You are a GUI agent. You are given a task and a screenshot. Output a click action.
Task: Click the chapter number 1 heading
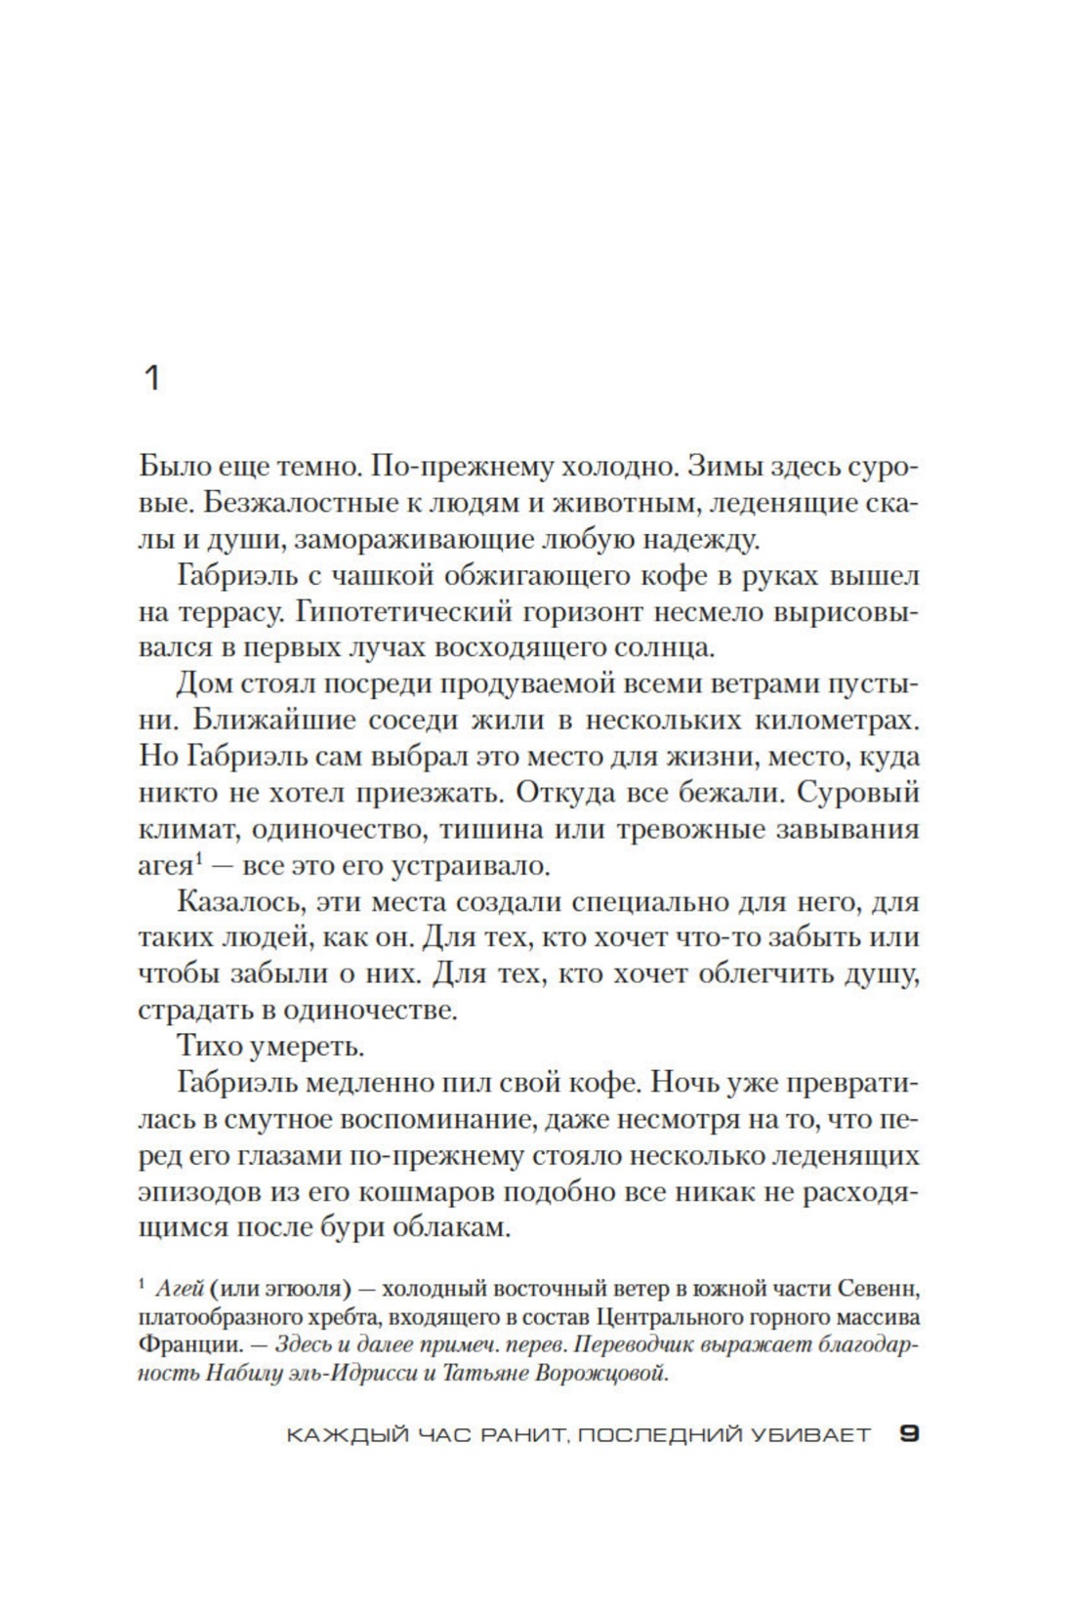click(151, 378)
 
